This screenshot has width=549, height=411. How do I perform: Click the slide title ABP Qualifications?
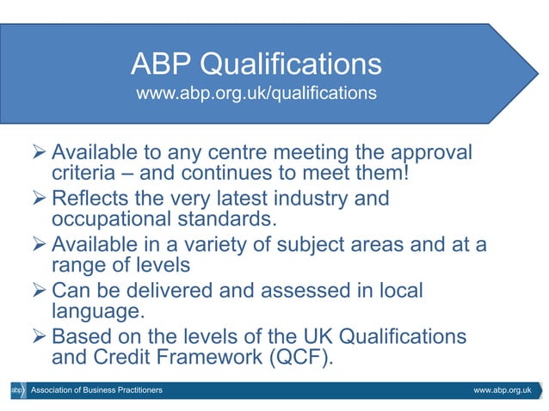pyautogui.click(x=256, y=64)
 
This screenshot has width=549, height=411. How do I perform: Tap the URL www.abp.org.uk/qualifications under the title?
pyautogui.click(x=256, y=92)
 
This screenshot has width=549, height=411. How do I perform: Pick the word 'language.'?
pyautogui.click(x=89, y=312)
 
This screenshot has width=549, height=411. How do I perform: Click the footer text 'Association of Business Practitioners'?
pyautogui.click(x=96, y=391)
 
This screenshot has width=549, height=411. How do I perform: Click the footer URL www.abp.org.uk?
pyautogui.click(x=503, y=391)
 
